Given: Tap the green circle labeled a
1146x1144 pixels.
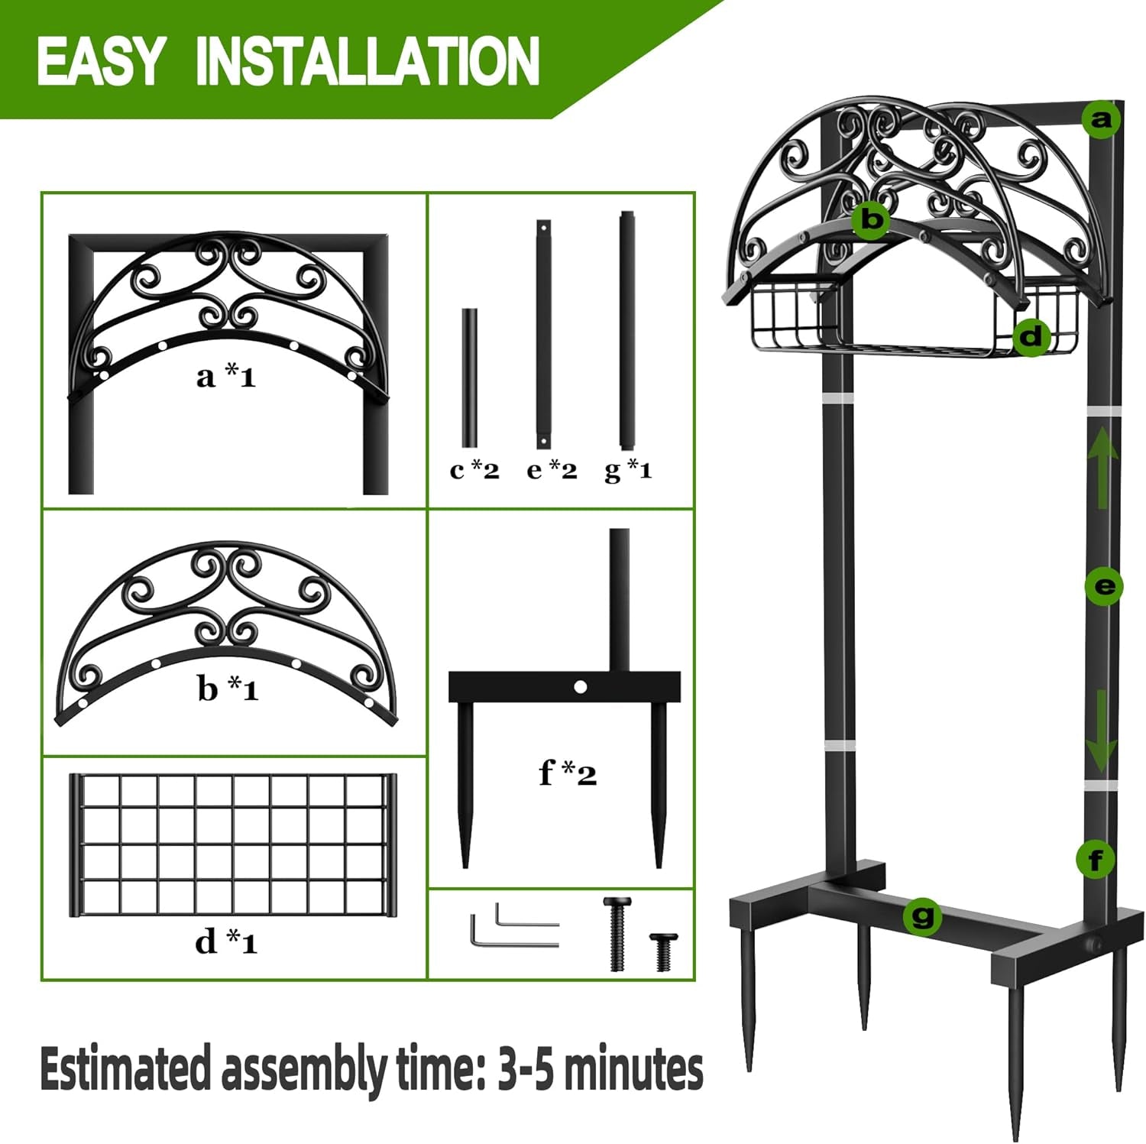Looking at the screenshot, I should click(x=1101, y=119).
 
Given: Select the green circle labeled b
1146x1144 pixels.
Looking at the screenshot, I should click(x=871, y=219).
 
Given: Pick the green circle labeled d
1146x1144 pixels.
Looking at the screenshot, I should click(x=1031, y=335).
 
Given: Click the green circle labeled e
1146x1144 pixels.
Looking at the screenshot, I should click(x=1104, y=586).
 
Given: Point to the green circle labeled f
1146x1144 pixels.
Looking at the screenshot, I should click(x=1095, y=860).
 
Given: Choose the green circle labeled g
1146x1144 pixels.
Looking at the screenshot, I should click(x=922, y=915).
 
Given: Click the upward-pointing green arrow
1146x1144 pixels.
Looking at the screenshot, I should click(x=1102, y=467).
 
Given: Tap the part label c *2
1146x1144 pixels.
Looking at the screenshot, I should click(x=474, y=470).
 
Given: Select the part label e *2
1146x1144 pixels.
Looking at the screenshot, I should click(x=552, y=470).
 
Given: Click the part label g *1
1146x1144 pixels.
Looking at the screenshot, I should click(x=628, y=470).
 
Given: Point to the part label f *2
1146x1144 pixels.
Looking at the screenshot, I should click(x=567, y=773).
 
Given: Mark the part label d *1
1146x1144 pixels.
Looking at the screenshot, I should click(x=226, y=941).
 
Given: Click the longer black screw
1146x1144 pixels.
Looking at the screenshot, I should click(x=617, y=934).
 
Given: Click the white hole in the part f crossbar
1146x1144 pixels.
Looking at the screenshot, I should click(x=580, y=687).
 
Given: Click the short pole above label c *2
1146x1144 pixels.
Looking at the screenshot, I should click(x=469, y=378).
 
